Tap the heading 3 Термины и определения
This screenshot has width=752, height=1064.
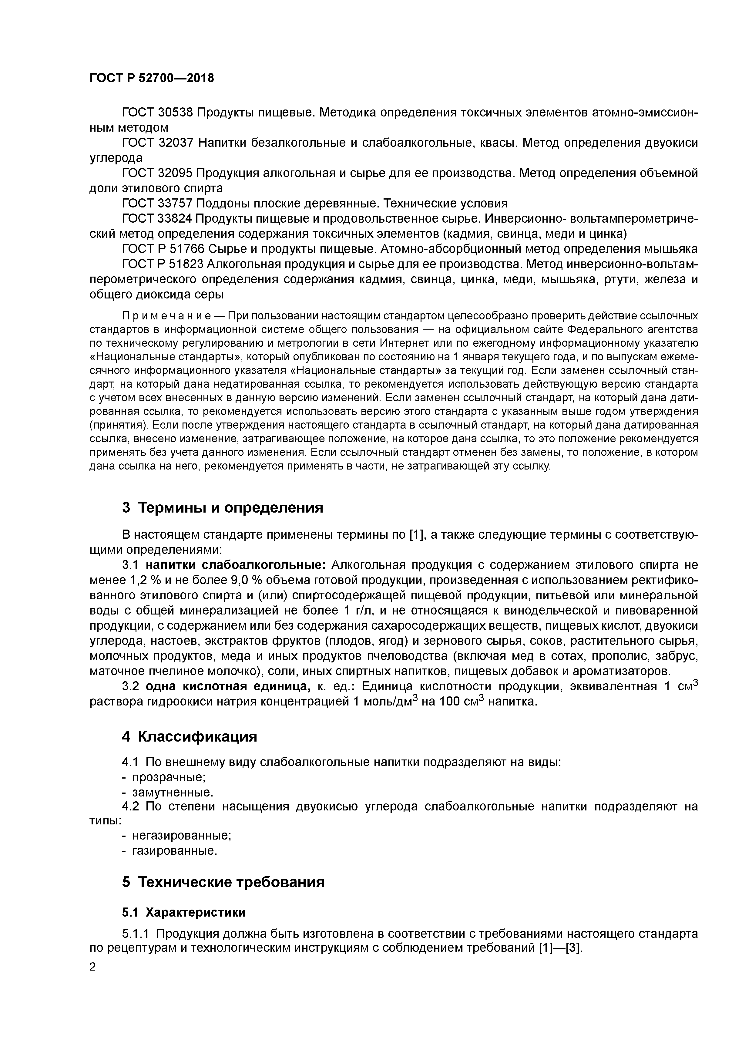click(x=222, y=508)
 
